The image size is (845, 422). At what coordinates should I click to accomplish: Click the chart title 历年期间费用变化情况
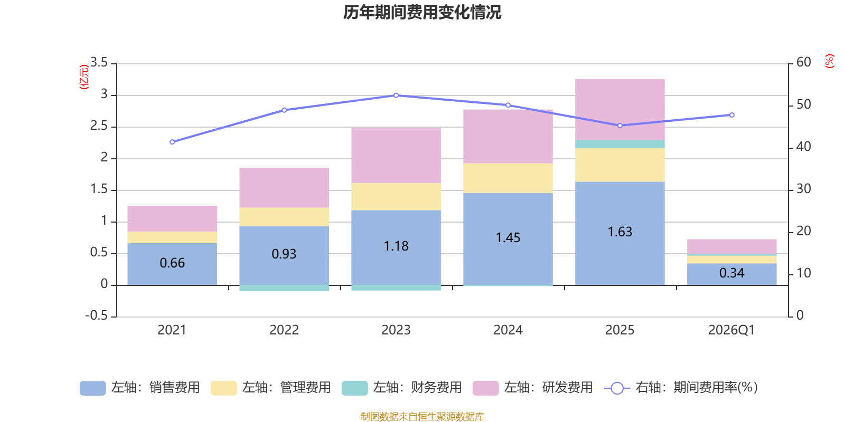(x=422, y=12)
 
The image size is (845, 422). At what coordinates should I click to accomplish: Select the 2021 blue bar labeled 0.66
(x=172, y=263)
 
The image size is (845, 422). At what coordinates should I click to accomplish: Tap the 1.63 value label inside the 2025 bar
(x=619, y=232)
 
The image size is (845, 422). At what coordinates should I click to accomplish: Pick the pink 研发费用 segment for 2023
(x=396, y=155)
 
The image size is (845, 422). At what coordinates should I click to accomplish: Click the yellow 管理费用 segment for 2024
(x=508, y=178)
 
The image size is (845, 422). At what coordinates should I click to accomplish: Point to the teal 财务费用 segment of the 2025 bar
(x=619, y=144)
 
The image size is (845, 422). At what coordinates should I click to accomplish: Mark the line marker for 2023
(x=396, y=95)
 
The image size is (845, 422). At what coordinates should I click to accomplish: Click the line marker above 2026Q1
(x=731, y=115)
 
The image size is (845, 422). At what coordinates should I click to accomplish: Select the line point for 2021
(x=172, y=142)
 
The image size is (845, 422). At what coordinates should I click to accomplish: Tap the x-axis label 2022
(x=284, y=330)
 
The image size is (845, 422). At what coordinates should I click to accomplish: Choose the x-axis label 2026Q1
(x=731, y=330)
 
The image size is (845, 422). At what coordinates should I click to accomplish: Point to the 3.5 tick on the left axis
(x=99, y=63)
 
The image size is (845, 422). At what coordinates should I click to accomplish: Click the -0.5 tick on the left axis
(x=97, y=315)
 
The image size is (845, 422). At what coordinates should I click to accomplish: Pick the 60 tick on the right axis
(x=803, y=62)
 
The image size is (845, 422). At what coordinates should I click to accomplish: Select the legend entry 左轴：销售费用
(x=140, y=388)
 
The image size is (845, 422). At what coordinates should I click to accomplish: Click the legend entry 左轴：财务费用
(x=402, y=388)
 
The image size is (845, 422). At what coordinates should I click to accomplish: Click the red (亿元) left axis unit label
(x=83, y=77)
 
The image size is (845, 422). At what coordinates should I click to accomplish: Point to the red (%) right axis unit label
(x=830, y=61)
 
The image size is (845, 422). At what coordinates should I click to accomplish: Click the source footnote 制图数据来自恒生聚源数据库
(x=422, y=417)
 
